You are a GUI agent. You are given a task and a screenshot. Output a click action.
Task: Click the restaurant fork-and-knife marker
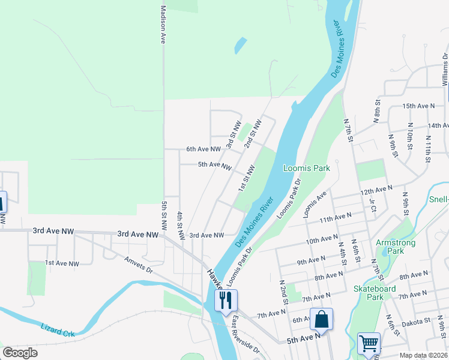coord(226,300)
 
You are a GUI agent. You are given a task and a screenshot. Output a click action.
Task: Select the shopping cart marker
coord(368,344)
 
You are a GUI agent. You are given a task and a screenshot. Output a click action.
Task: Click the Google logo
coord(20,353)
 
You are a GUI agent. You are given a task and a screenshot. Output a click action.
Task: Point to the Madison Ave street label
coord(163,25)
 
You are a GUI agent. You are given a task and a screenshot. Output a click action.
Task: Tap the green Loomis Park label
coord(306,169)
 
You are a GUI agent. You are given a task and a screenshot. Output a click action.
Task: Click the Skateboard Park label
coord(375,293)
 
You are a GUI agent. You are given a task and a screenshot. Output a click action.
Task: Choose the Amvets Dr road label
coord(139,266)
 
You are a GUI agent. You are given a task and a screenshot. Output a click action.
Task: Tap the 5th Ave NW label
coord(214,165)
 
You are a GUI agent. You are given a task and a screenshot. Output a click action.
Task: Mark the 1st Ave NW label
coord(62,263)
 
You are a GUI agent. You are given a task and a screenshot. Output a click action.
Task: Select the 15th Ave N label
coord(418,106)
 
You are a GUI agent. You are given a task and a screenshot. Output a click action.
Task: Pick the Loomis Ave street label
coord(315,204)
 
